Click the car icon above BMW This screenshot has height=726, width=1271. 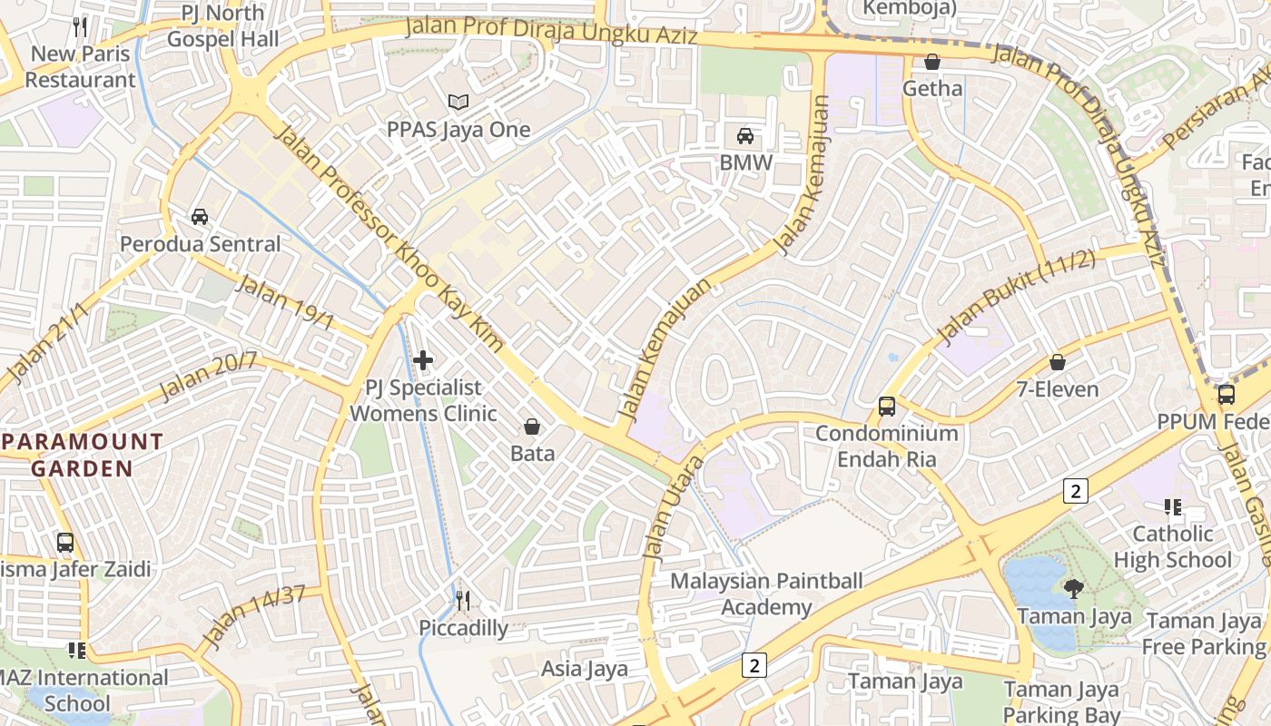745,136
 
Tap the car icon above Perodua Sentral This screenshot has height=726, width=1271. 200,217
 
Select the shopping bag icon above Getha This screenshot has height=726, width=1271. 931,62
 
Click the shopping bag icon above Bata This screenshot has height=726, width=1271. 532,426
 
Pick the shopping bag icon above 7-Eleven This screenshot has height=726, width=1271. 1057,362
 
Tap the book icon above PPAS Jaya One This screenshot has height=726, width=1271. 458,103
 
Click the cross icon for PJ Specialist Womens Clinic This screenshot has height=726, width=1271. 423,360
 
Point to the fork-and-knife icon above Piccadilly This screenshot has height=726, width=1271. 463,600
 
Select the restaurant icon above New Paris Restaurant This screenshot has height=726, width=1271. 80,26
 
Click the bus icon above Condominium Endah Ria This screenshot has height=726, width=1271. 887,406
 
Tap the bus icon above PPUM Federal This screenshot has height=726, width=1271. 1227,395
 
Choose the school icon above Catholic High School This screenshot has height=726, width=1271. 1172,506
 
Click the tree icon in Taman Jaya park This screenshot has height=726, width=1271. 1074,589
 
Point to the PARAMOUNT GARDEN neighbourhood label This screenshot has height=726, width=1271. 84,456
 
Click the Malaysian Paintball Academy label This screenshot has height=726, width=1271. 767,594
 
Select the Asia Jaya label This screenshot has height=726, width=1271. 585,670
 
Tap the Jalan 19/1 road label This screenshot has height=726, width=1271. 285,303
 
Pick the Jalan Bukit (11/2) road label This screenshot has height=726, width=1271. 1017,299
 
